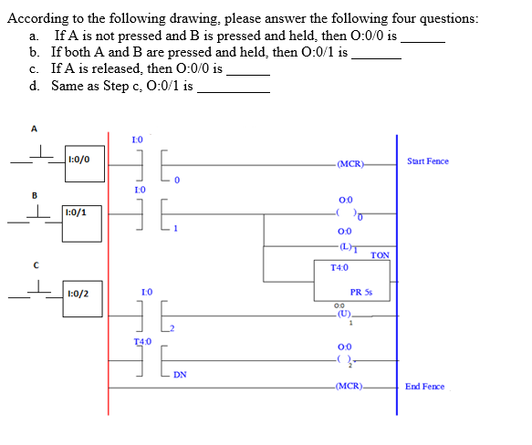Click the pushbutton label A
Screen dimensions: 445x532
[x=35, y=129]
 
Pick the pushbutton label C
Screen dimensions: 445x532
[x=35, y=265]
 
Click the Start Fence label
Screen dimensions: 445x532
[x=428, y=161]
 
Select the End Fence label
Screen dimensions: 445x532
[x=425, y=387]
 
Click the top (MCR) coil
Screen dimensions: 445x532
[x=349, y=164]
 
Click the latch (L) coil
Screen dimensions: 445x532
[x=344, y=245]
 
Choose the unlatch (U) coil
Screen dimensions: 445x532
[x=342, y=315]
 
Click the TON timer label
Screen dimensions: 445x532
[x=381, y=255]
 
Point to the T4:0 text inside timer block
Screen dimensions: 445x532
[x=339, y=267]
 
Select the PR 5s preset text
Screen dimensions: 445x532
[x=361, y=293]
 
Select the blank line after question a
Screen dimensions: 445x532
[x=422, y=41]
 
